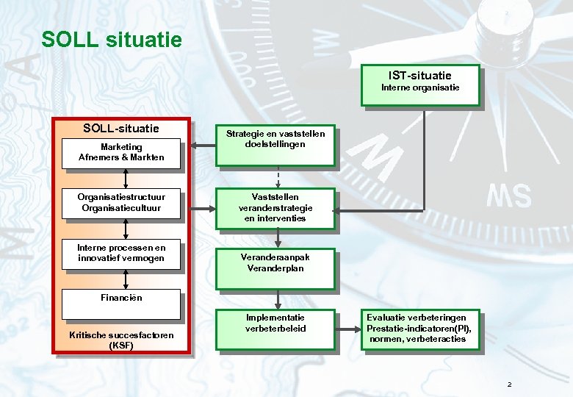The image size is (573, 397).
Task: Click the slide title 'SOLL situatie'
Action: coord(111,39)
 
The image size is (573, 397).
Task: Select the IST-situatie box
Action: coord(420,85)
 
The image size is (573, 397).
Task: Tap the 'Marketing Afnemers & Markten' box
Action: coord(122,153)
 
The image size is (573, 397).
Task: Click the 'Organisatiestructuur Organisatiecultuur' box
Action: coord(122,204)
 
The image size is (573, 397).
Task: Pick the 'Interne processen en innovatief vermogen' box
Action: coord(122,254)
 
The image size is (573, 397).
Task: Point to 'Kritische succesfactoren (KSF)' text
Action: coord(122,340)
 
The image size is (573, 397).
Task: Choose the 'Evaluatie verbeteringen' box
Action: coord(419,329)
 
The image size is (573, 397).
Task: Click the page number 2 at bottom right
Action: coord(508,385)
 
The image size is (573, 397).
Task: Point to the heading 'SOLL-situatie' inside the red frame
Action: coord(121,129)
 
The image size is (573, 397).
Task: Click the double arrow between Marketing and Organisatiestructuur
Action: coord(126,179)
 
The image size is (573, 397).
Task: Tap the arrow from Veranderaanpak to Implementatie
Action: coord(278,298)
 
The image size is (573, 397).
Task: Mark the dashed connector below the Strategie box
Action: coord(278,176)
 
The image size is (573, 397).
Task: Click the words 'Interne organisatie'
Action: coord(420,88)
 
